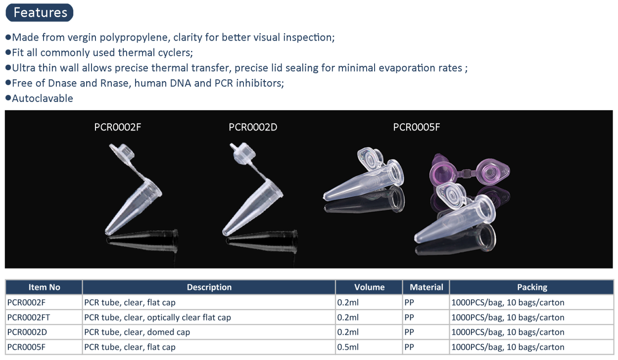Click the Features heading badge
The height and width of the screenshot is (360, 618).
click(x=40, y=13)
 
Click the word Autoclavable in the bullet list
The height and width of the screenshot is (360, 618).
click(x=43, y=98)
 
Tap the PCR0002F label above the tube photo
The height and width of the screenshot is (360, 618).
click(x=118, y=127)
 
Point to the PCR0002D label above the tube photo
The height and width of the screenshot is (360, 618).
click(x=253, y=127)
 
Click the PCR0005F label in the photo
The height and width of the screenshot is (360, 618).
click(x=416, y=127)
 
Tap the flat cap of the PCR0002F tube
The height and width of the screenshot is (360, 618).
click(x=122, y=152)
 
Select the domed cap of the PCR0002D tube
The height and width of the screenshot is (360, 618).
click(x=243, y=153)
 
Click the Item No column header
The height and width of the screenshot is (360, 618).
click(x=44, y=287)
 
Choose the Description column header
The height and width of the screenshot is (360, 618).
click(x=209, y=287)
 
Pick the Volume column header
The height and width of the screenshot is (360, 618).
click(x=369, y=287)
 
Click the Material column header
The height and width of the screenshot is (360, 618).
click(x=426, y=287)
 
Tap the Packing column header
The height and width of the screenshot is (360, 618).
click(x=532, y=287)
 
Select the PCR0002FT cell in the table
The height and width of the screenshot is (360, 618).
click(x=29, y=317)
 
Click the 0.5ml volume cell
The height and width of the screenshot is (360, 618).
click(x=348, y=347)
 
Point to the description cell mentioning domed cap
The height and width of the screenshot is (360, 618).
click(x=137, y=332)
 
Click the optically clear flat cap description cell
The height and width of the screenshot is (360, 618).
click(x=157, y=317)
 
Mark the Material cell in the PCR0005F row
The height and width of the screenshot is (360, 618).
click(x=409, y=347)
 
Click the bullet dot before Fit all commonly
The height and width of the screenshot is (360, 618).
click(x=8, y=52)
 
